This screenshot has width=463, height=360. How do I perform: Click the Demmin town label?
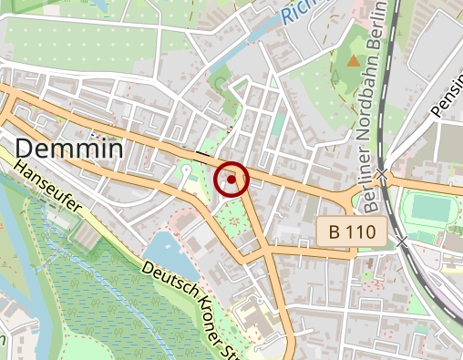pos(68,148)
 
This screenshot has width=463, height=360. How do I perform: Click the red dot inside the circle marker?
pos(231,180)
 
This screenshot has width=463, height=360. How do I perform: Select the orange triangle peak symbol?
pos(353,60)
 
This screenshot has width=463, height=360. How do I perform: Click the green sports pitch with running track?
pos(425,208)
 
